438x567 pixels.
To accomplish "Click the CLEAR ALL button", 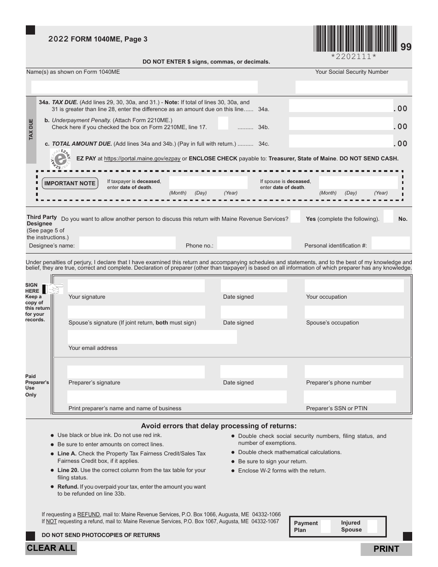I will coord(51,548).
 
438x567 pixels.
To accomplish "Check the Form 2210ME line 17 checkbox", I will coord(223,123).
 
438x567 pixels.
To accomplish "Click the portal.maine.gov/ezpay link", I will coord(142,159).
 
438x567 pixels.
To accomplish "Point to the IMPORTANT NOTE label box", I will coord(70,183).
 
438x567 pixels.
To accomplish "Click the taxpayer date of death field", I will coord(208,182).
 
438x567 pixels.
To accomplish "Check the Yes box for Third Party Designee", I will coord(296,217).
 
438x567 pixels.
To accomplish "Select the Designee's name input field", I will coord(128,243).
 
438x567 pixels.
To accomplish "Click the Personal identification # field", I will coord(390,243).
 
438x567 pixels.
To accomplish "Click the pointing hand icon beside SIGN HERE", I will coord(53,289).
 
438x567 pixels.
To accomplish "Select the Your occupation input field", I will coord(354,286).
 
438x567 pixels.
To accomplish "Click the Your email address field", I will coord(152,337).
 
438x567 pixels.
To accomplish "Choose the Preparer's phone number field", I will coord(354,372).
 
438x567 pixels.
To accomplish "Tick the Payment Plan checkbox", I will coord(326,526).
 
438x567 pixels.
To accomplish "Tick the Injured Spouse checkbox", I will coord(372,526).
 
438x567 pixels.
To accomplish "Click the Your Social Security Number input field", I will coord(351,87).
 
